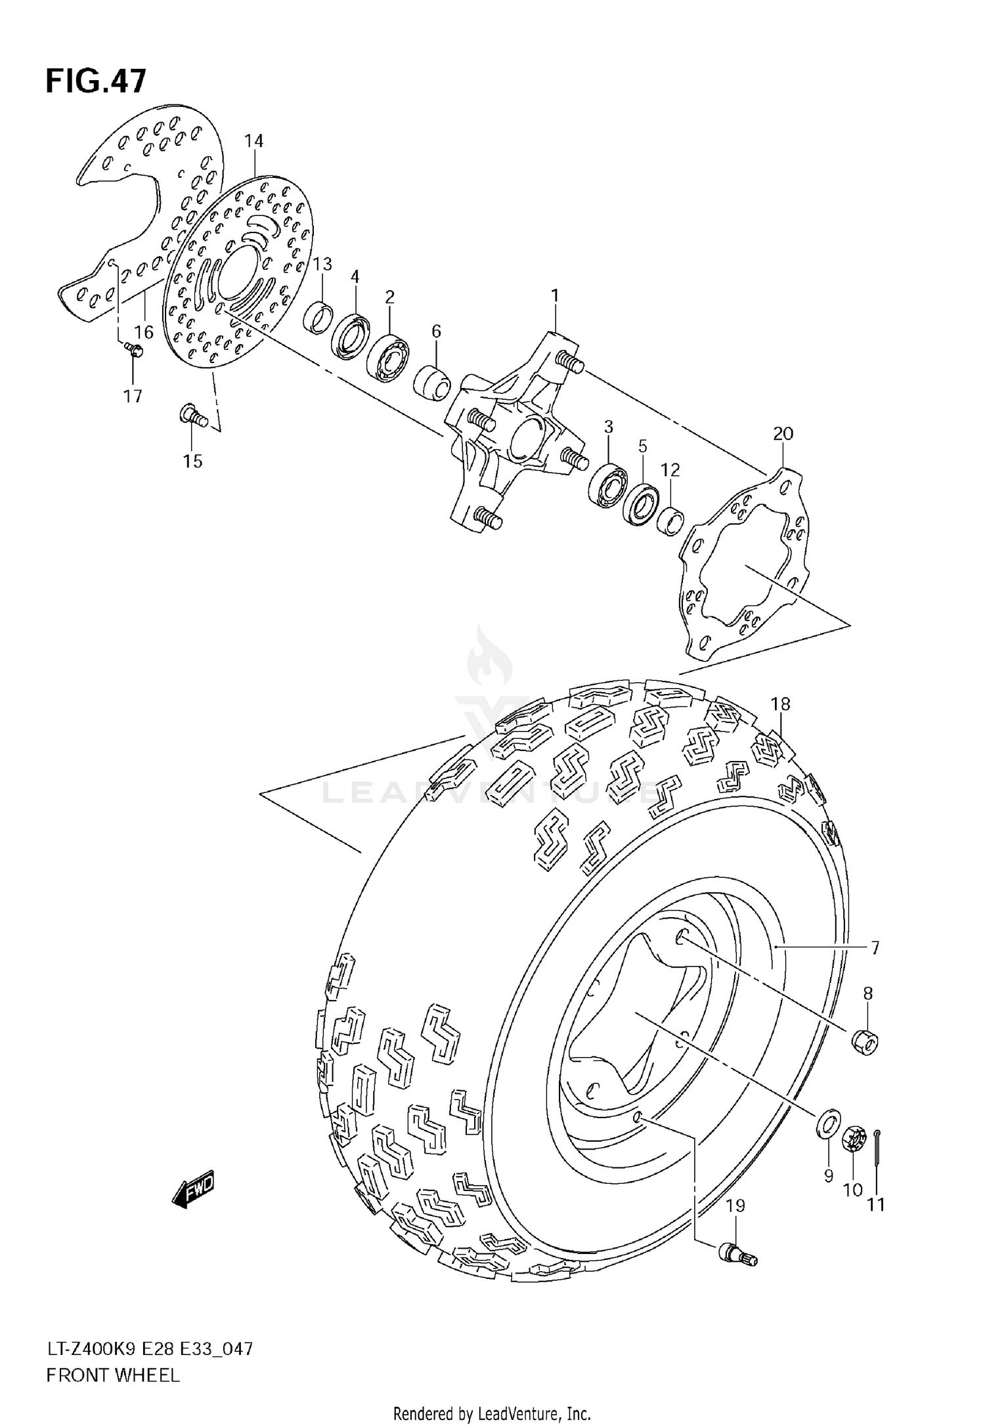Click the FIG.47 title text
[96, 81]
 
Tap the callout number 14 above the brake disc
[253, 141]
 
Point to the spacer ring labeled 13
[318, 316]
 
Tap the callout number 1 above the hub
[555, 296]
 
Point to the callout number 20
[783, 433]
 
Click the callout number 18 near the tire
[780, 704]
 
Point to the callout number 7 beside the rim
[875, 948]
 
